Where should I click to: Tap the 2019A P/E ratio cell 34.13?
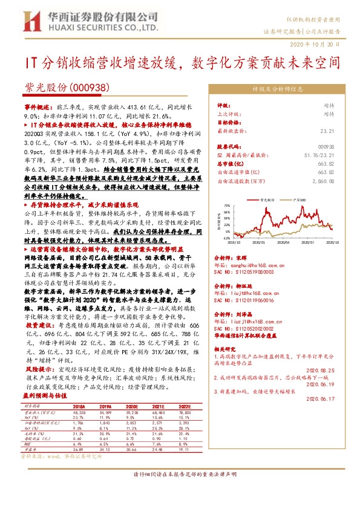(105, 446)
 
